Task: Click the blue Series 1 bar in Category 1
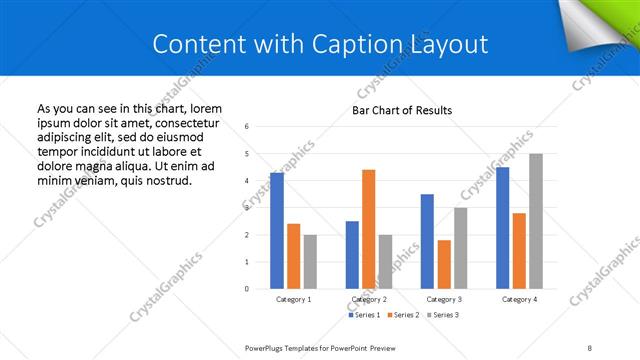277,230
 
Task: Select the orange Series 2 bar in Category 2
368,229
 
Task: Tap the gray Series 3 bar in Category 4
536,221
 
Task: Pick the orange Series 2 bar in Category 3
444,264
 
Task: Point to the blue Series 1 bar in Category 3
427,241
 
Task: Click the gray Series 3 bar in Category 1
310,261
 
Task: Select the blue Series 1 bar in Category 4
502,227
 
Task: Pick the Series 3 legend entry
445,315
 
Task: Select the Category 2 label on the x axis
369,299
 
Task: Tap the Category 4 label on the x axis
519,299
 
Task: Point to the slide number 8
590,347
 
